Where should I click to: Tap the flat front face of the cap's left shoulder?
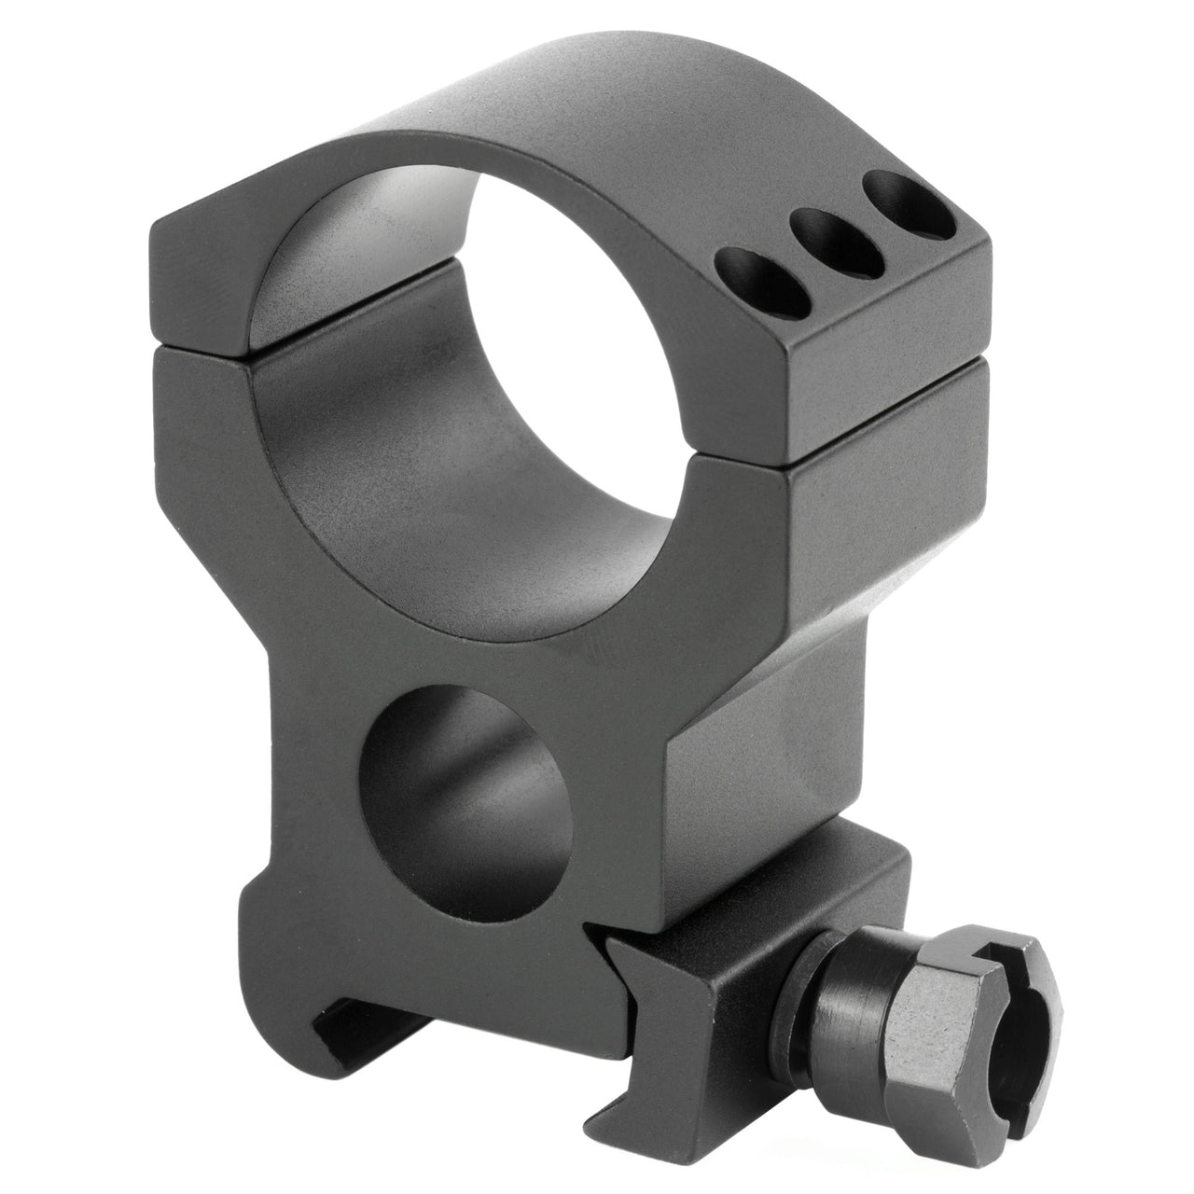pos(201,280)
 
